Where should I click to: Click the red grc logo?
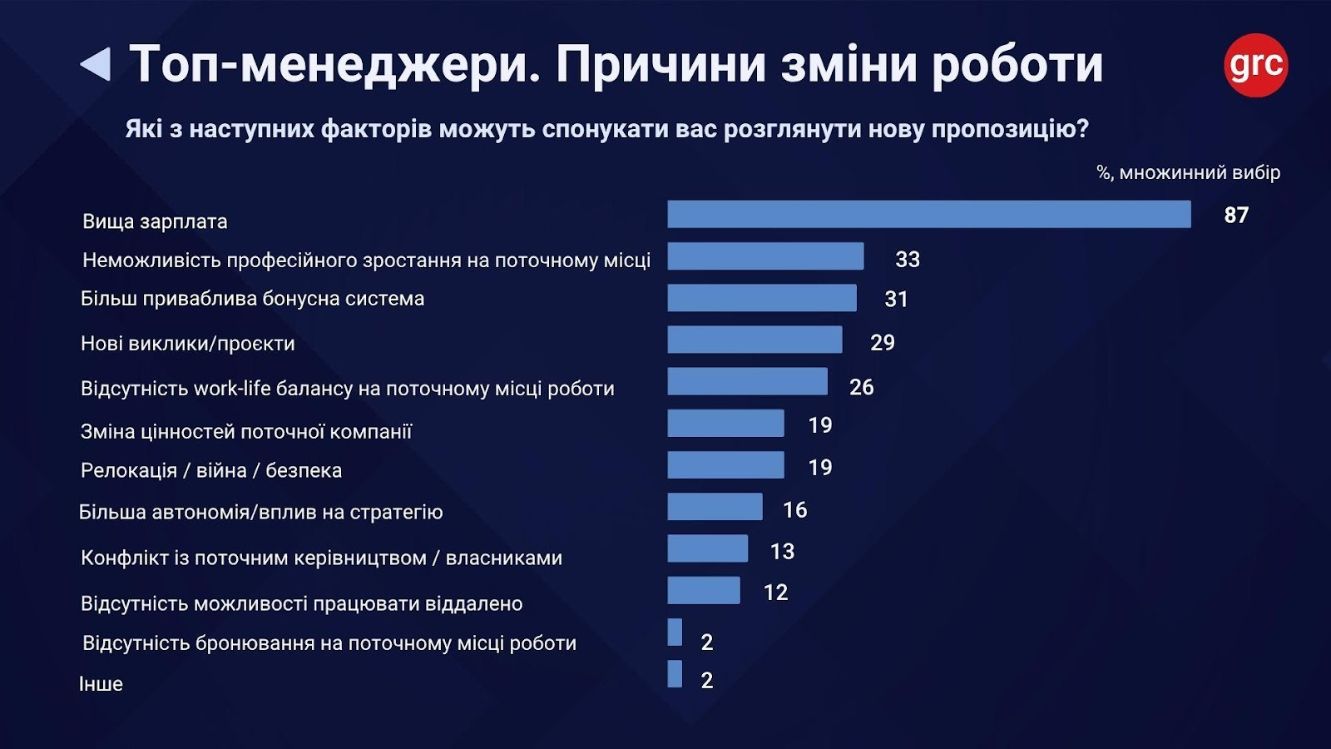pos(1255,65)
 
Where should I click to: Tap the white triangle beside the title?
pos(97,64)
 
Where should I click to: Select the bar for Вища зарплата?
pos(928,215)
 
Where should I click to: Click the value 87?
pos(1236,216)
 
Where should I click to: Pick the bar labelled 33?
pos(765,256)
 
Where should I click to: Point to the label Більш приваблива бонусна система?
pos(252,299)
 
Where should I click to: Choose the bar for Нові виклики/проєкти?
pos(755,340)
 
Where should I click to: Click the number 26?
pos(861,387)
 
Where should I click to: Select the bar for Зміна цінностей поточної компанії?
pos(725,424)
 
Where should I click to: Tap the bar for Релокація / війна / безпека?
pos(725,465)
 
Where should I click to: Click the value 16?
pos(794,510)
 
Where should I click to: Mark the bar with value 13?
pos(707,548)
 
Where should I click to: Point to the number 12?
pos(775,593)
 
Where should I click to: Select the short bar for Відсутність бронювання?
pos(675,632)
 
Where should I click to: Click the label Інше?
pos(101,684)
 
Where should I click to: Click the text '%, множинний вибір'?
pos(1188,173)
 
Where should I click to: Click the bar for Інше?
pos(675,674)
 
